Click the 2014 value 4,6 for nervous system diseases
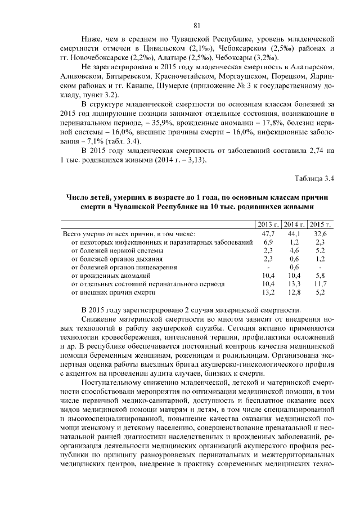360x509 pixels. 294,250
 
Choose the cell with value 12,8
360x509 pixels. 294,292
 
